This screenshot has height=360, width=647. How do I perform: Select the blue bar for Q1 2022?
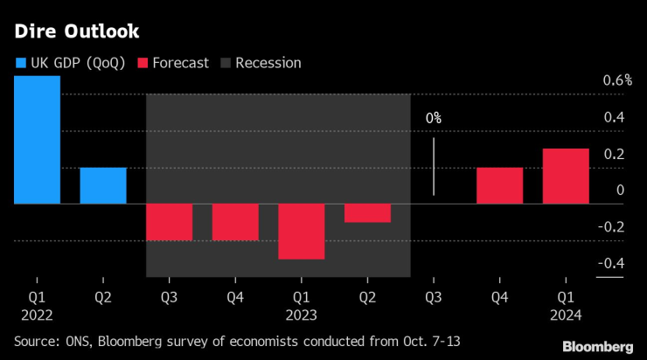point(37,140)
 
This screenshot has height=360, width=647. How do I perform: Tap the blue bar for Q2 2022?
point(103,185)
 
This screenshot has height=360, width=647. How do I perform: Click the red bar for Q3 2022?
point(169,222)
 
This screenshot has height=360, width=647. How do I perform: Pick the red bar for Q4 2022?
point(235,222)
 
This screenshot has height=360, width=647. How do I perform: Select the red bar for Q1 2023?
point(302,232)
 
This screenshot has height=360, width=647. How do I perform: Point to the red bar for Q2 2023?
point(367,213)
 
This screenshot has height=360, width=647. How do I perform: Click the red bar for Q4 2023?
point(499,185)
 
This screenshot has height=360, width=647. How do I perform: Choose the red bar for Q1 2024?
point(566,176)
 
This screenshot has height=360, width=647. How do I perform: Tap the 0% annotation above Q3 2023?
point(434,118)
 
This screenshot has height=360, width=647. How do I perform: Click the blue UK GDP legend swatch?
point(21,63)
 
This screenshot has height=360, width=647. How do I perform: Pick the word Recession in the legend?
point(268,63)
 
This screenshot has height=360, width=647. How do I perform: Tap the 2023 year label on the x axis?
point(301,314)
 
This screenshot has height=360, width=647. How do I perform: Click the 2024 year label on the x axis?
point(566,314)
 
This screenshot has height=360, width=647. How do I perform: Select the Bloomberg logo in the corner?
point(597,347)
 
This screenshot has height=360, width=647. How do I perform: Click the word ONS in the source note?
point(73,339)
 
